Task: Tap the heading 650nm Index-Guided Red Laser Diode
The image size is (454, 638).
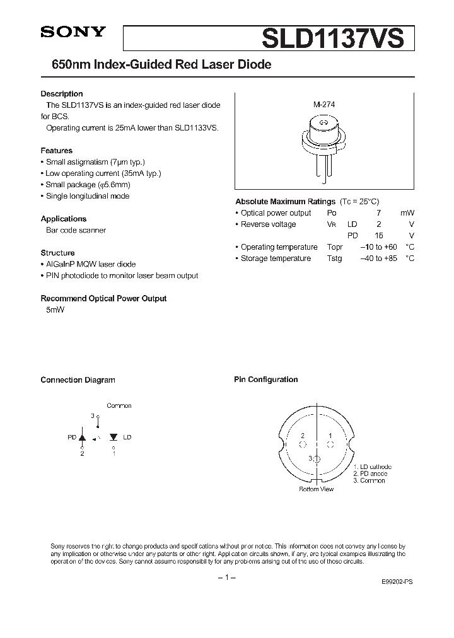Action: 156,65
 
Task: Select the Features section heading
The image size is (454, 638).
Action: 56,151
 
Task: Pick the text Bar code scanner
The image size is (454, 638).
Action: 76,230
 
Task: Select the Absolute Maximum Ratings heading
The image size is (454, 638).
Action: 285,202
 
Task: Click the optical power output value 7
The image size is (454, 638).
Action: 395,213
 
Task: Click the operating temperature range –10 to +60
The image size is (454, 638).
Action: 378,247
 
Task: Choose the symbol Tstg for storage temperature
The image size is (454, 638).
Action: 334,258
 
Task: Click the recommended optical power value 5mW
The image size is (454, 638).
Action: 55,310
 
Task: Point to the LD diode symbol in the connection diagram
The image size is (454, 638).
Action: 113,436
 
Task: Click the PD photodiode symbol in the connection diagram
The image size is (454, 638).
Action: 82,436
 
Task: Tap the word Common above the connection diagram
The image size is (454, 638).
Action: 119,406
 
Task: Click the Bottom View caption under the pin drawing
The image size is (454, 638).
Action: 317,489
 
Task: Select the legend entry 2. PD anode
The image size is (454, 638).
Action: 370,473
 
